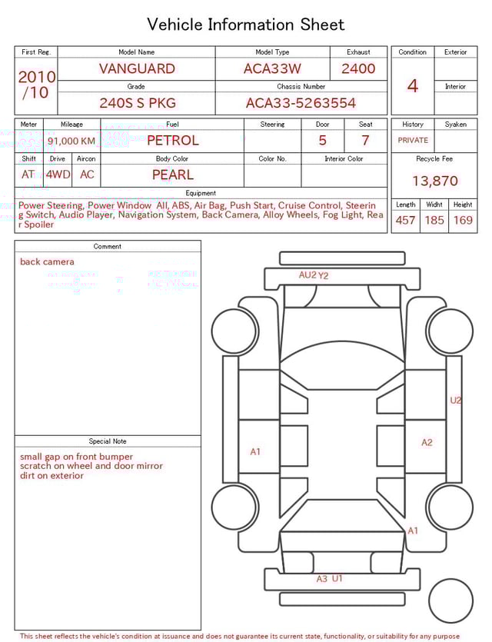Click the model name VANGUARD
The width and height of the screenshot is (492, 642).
[x=137, y=68]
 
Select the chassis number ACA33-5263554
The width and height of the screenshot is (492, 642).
[x=301, y=103]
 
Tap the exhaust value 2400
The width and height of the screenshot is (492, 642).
[x=358, y=68]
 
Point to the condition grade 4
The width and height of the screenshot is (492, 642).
[x=413, y=85]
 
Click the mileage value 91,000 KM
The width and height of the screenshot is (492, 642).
[x=71, y=141]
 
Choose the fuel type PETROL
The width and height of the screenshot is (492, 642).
[x=172, y=141]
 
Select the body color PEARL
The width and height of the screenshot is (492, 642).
[x=172, y=175]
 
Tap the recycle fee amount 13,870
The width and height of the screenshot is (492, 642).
[x=434, y=181]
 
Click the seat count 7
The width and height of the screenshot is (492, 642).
[x=365, y=141]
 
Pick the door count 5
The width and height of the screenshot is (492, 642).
[x=323, y=141]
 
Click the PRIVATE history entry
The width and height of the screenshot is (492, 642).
[x=413, y=141]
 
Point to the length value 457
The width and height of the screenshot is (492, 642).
[x=405, y=221]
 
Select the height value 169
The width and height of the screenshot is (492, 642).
[x=463, y=221]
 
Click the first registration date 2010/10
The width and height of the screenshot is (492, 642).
[x=36, y=85]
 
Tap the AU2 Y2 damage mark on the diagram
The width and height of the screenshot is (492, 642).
[x=314, y=275]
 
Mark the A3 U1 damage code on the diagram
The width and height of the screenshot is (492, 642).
[x=330, y=579]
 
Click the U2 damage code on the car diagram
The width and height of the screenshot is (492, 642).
[x=456, y=401]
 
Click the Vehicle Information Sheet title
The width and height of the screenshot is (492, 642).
[x=246, y=25]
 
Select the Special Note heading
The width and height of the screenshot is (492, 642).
[x=108, y=441]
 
